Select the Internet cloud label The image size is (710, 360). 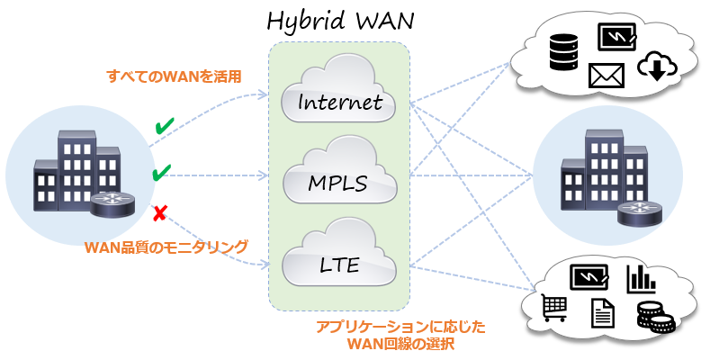pos(339,102)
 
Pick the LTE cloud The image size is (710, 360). pos(339,264)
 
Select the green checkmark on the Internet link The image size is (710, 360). pos(164,127)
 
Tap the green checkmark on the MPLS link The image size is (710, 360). pos(162,172)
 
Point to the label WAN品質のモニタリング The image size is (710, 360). pos(166,245)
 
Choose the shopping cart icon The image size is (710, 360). pos(553,309)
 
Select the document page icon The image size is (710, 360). pos(602,313)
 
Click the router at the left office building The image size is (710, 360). pos(108,205)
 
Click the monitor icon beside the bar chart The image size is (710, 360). pos(591,275)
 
